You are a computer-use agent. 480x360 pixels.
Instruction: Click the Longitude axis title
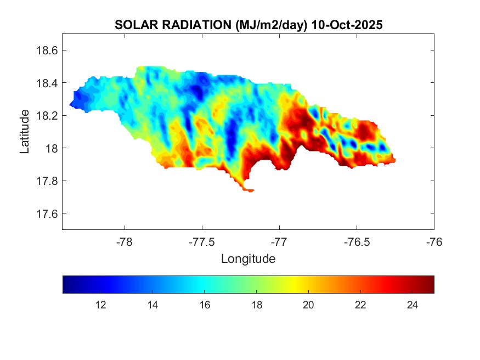click(x=248, y=258)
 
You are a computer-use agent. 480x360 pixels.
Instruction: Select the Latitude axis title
click(x=25, y=131)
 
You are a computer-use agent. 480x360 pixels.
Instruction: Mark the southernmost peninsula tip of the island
click(x=250, y=191)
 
